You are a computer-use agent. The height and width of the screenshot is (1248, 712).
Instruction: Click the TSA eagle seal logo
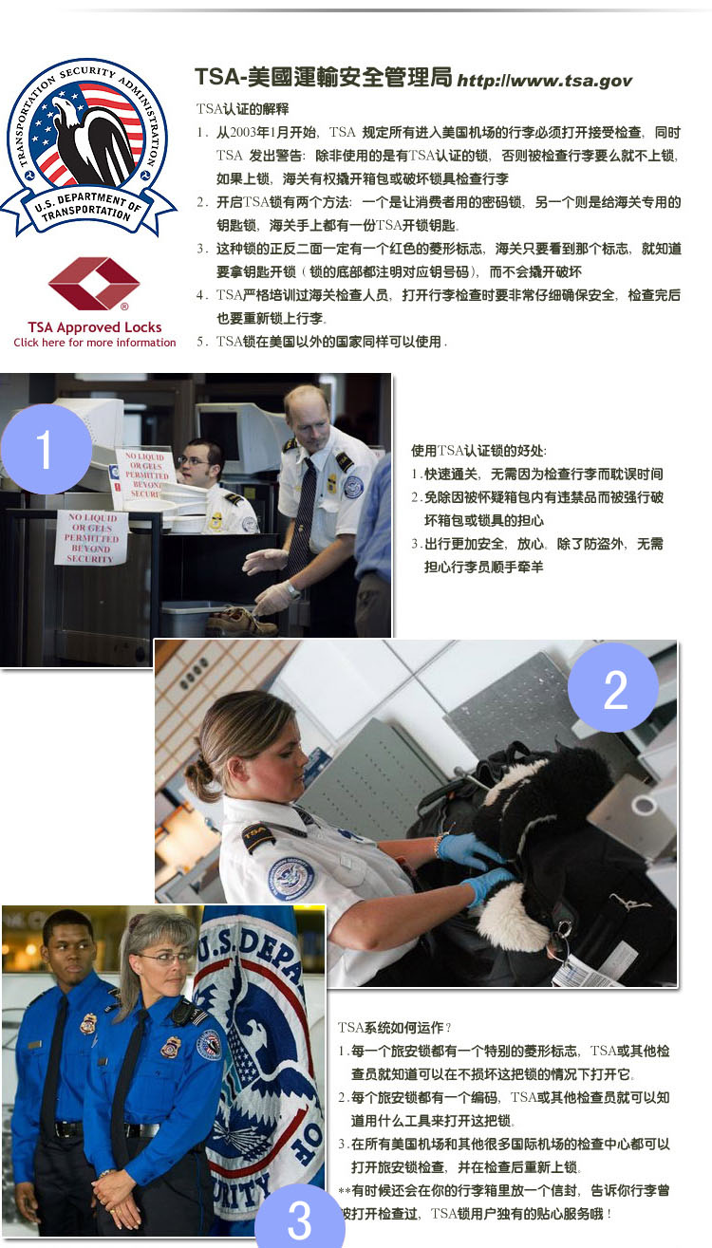point(87,147)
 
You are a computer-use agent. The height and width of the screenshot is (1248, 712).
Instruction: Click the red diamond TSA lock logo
point(94,284)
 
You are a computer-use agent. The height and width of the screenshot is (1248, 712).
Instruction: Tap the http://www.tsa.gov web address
point(544,81)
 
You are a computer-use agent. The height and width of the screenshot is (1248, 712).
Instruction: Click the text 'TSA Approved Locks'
point(95,327)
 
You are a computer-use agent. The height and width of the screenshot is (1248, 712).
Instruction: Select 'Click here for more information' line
point(95,343)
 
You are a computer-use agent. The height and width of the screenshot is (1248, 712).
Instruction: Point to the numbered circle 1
point(46,449)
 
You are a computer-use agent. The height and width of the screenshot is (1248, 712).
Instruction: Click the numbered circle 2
point(613,687)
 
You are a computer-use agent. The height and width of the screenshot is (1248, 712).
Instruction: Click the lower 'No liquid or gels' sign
point(91,538)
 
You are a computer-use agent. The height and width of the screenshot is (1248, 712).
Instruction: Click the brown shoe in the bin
point(241,621)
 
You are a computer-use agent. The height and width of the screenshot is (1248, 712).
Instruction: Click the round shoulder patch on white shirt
point(290,879)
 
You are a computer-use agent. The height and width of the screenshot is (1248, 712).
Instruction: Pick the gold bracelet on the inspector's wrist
point(439,845)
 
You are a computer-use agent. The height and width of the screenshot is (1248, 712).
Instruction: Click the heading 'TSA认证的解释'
point(242,108)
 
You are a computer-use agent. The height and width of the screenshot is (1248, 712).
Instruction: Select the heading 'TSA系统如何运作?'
point(394,1027)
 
